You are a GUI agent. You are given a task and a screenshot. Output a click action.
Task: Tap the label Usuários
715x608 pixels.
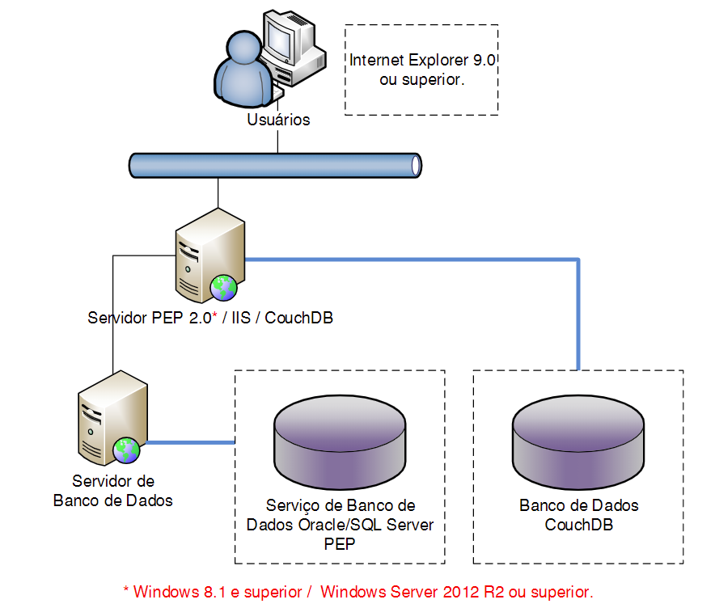[278, 120]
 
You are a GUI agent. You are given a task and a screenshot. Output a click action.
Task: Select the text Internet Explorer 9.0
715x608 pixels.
[422, 60]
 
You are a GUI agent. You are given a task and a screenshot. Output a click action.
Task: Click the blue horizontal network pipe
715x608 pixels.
[275, 165]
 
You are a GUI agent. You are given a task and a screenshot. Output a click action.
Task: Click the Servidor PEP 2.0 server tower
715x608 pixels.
[209, 255]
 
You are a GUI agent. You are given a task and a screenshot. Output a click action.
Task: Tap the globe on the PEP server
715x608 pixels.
[223, 288]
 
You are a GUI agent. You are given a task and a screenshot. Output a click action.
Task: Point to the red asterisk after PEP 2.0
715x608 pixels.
[215, 315]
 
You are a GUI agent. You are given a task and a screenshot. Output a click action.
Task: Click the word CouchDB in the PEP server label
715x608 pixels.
[298, 318]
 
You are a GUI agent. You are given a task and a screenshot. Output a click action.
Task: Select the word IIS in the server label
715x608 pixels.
[241, 318]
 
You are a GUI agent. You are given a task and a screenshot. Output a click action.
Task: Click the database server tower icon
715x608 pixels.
[112, 418]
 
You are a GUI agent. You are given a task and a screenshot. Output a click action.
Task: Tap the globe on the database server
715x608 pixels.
[126, 450]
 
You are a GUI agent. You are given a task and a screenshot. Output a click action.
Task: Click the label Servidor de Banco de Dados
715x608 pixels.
[113, 491]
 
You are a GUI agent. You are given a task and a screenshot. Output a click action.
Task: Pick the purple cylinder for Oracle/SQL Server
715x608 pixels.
[340, 442]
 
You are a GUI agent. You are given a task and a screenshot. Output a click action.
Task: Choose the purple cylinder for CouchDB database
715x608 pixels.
[578, 442]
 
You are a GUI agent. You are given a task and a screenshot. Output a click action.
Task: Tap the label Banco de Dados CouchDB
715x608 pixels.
[578, 515]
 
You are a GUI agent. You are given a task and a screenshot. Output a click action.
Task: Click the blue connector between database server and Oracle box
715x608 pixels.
[191, 442]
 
